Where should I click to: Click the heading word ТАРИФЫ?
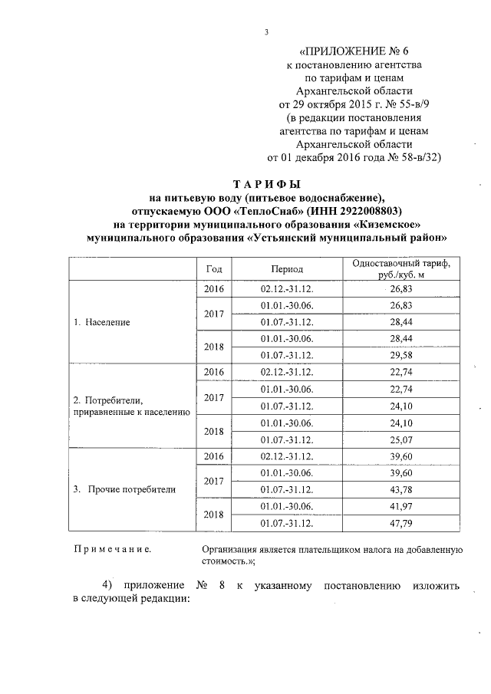pyautogui.click(x=266, y=184)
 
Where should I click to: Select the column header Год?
pyautogui.click(x=215, y=269)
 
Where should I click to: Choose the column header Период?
pyautogui.click(x=287, y=269)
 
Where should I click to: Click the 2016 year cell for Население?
pyautogui.click(x=215, y=289)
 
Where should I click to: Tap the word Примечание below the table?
pyautogui.click(x=112, y=550)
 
